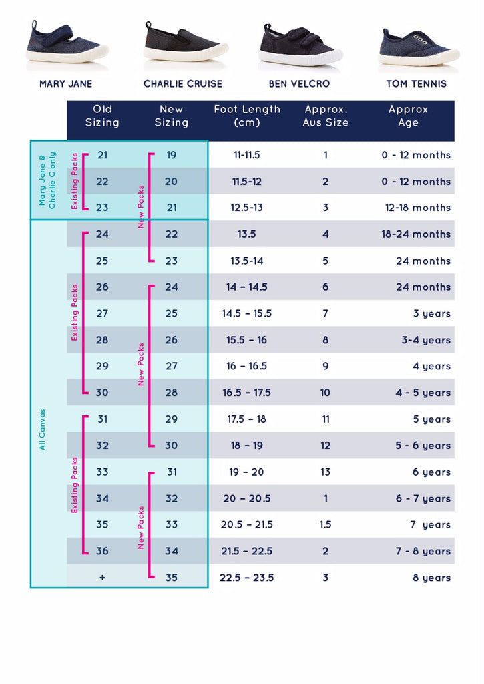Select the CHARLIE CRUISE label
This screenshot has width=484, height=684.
point(183,84)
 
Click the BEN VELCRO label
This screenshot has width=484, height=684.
point(299,84)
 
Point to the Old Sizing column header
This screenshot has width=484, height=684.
point(102,116)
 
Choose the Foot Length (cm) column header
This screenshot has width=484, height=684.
point(247,116)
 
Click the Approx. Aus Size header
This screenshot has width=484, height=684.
point(325,116)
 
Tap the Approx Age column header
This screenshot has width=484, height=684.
point(408,116)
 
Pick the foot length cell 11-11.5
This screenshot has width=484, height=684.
point(246,155)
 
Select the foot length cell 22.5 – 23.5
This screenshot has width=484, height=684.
point(246,578)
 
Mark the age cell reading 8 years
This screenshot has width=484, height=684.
point(431,578)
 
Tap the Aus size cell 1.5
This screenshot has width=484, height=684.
point(325,525)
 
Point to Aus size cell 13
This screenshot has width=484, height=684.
point(325,472)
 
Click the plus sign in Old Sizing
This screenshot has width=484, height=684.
point(102,578)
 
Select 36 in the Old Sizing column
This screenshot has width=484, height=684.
point(102,551)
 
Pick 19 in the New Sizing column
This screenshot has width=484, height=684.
point(172,155)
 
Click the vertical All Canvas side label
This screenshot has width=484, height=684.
point(42,429)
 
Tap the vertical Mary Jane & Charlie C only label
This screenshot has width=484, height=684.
point(47,180)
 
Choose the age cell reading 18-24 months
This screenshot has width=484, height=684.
point(417,234)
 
